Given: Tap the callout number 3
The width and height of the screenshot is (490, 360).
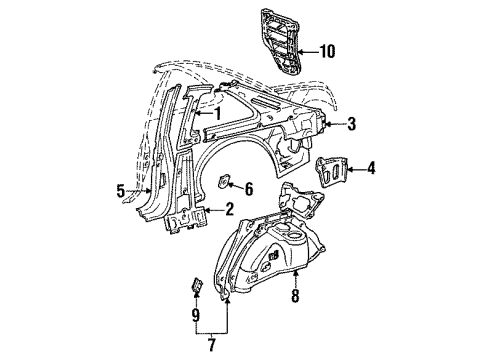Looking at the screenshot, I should tap(351, 124).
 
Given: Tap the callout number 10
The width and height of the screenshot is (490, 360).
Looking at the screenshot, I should tap(327, 49).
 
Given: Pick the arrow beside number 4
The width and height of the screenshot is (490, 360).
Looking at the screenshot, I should tap(356, 169).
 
